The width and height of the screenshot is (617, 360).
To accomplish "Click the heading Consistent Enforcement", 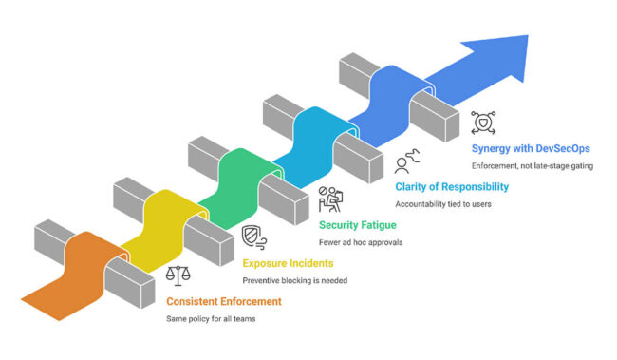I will click(x=223, y=301).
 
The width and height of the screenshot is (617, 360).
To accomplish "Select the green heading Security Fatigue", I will click(x=359, y=224).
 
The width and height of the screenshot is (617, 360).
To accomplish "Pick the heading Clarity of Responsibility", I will click(x=452, y=187).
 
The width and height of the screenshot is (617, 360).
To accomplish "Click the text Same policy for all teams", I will click(x=210, y=318).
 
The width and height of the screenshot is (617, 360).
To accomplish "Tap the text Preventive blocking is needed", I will click(x=293, y=280).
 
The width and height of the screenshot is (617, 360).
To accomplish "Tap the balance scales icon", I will click(x=178, y=275).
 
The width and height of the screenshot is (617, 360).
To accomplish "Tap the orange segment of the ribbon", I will click(x=81, y=275).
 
